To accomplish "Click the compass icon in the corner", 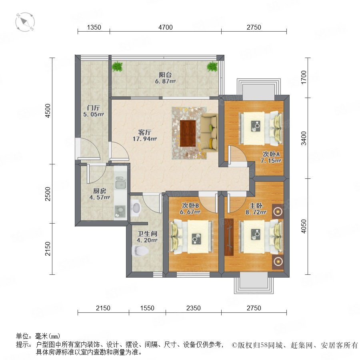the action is coord(25,22).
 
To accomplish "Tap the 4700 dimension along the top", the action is coord(165,27).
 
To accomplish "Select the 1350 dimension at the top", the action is coord(94,27).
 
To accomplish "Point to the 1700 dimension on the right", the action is coord(304,77).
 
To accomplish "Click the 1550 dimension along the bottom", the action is coord(147,308).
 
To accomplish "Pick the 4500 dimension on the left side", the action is coord(48,111).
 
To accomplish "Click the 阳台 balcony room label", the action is coord(165,75).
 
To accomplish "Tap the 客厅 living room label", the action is coord(145,132).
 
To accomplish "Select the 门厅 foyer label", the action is coord(93,108).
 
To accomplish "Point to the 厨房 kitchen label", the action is coord(100,191).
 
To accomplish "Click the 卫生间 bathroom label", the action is coord(147,234).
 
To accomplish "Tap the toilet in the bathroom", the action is coord(140,250).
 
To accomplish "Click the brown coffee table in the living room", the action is coord(188,133).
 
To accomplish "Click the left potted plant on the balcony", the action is coord(117,66).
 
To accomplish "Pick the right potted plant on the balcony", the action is coord(212,66).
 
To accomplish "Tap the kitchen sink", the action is coord(120,182).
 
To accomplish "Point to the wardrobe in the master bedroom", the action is coord(229,237).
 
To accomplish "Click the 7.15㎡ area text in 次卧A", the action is coord(271,160).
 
